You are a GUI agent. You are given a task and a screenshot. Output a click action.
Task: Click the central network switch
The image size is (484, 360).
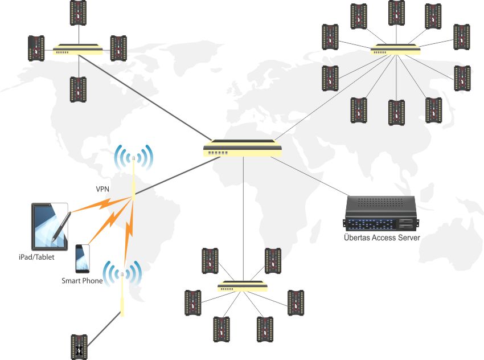coord(243,149)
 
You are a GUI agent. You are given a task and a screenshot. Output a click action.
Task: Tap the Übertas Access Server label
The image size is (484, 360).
coord(382,238)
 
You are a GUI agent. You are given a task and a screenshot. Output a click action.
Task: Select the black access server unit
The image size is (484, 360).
coord(382,213)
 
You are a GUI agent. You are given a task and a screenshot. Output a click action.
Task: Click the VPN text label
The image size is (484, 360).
coord(103,188)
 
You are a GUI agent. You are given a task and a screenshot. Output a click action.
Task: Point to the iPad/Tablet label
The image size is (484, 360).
coord(35,256)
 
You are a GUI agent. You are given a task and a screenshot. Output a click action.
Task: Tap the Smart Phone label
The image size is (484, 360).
coord(82,280)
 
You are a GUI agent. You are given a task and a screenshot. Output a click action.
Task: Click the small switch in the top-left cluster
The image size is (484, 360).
coord(77,50)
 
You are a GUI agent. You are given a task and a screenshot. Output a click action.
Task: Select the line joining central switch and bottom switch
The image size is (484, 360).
coord(243,216)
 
